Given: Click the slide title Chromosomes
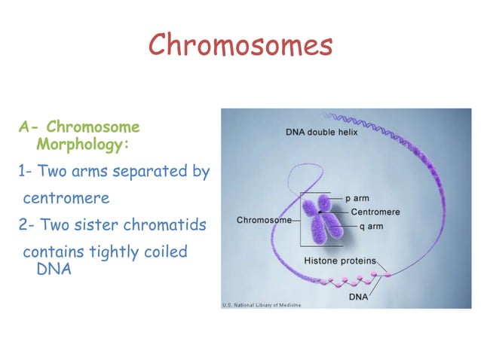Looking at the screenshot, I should point(240,44).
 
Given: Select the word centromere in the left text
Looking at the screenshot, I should point(66,199).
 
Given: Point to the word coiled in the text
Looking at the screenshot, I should point(162,252).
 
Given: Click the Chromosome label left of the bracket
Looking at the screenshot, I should point(264,220).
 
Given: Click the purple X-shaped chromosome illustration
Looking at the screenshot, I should point(323,221).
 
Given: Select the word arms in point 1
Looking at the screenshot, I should point(90,172).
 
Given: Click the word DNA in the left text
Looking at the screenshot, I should point(54,269).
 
